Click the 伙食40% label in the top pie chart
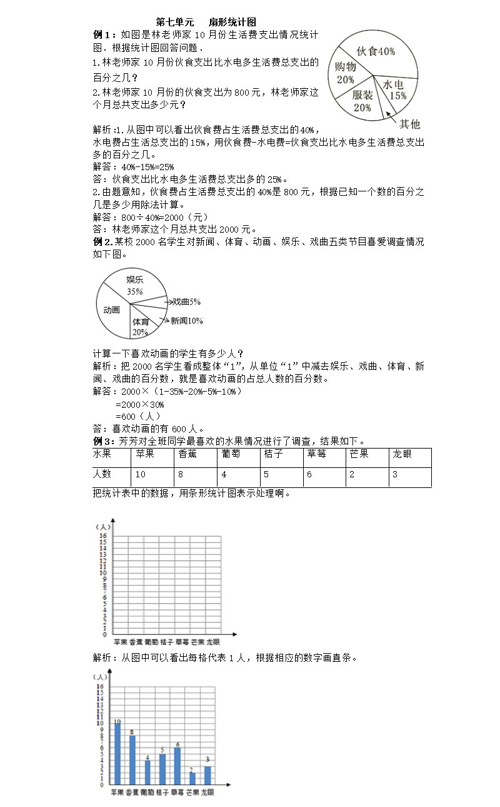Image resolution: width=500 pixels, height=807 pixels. [375, 51]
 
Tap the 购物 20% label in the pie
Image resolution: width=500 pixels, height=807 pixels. [346, 73]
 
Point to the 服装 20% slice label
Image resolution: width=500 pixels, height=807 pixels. [362, 101]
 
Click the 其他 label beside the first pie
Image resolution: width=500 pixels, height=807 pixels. [410, 124]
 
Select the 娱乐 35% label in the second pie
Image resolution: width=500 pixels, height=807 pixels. [135, 285]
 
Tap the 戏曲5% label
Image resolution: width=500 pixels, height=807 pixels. [186, 302]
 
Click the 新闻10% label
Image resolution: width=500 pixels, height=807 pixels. [186, 321]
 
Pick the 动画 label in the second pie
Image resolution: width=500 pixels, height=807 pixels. [112, 310]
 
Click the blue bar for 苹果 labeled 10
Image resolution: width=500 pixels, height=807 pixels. [117, 754]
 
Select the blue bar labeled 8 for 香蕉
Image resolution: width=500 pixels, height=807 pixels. [132, 761]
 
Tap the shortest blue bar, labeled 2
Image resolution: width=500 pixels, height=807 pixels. [192, 779]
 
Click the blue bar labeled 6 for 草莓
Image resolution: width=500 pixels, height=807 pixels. [177, 766]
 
